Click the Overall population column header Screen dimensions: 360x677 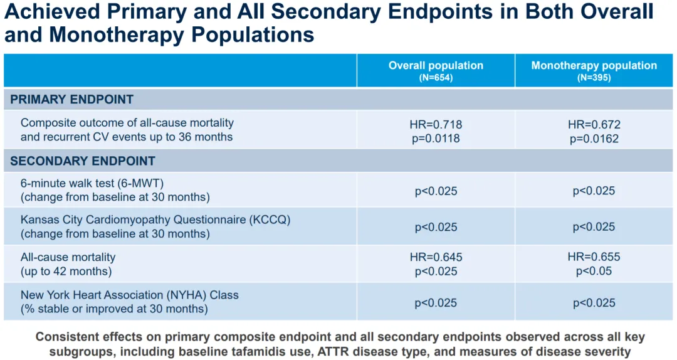(x=436, y=65)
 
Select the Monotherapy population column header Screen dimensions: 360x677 (x=594, y=65)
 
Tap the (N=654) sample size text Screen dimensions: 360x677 (x=436, y=78)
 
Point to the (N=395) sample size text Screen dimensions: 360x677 (x=594, y=78)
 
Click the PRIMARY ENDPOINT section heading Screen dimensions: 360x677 (x=71, y=100)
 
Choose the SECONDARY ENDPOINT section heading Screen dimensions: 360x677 (x=82, y=161)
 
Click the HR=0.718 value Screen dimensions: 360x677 (x=436, y=125)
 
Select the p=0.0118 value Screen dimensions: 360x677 (x=436, y=138)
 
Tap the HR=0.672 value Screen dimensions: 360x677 (x=594, y=125)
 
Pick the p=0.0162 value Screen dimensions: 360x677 (x=594, y=138)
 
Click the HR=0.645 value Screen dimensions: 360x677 (x=436, y=257)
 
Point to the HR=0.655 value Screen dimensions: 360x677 (x=594, y=257)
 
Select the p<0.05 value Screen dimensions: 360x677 (x=594, y=271)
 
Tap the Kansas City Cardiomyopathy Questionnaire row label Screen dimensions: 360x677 (x=155, y=220)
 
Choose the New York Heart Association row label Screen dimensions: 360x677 (x=129, y=295)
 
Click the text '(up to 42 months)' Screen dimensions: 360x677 (x=66, y=271)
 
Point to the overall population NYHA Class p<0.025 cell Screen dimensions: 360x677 (x=436, y=302)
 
